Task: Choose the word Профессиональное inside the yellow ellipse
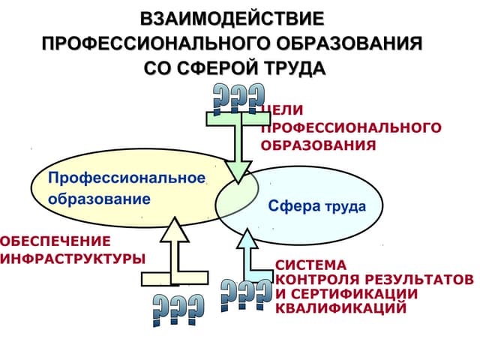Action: pos(126,178)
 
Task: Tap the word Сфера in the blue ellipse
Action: pos(294,205)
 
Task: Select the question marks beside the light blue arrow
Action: pos(246,295)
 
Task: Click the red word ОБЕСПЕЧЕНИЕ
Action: pos(55,241)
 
